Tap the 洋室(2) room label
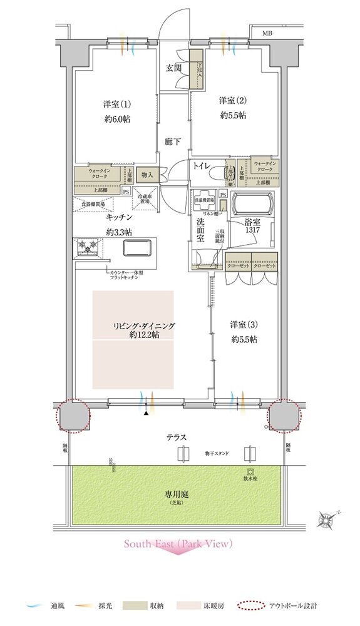pyautogui.click(x=232, y=100)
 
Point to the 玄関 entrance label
pyautogui.click(x=173, y=68)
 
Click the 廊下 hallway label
pyautogui.click(x=173, y=142)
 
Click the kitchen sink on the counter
pyautogui.click(x=136, y=249)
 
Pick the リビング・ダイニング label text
pyautogui.click(x=144, y=326)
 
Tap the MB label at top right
pyautogui.click(x=267, y=33)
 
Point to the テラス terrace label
pyautogui.click(x=177, y=438)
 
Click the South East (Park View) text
pyautogui.click(x=178, y=544)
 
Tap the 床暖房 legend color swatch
pyautogui.click(x=191, y=606)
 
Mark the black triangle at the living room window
pyautogui.click(x=147, y=413)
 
